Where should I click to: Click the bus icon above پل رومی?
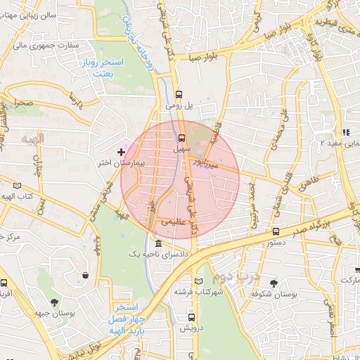coord(179,94)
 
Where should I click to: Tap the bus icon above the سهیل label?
coord(182,138)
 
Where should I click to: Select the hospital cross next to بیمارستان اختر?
coord(122,152)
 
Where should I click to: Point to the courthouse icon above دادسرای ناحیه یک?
coord(157,243)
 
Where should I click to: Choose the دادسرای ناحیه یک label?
coord(157,254)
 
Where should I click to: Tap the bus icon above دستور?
coord(275,231)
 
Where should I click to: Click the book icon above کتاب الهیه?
coord(16,186)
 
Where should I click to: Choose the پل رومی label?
coord(179,105)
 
